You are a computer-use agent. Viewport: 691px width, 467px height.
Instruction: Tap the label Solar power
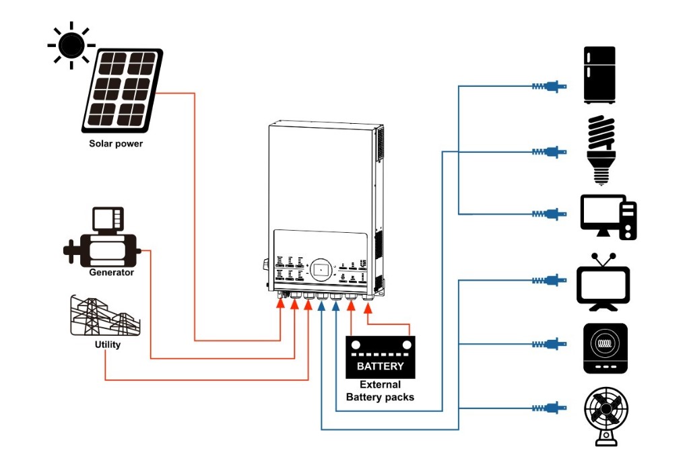(116, 144)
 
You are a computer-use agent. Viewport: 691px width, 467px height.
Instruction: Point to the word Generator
(111, 273)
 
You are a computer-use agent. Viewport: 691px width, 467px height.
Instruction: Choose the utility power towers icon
(105, 316)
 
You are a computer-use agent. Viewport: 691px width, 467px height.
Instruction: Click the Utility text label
(107, 345)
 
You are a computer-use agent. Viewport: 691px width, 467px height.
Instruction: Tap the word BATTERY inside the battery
(380, 366)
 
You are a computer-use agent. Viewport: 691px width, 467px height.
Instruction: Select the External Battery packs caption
(380, 391)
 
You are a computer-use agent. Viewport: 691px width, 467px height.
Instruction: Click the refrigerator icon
(599, 75)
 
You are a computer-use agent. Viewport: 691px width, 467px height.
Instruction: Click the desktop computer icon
(608, 217)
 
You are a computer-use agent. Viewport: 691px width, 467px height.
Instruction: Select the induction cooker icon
(605, 348)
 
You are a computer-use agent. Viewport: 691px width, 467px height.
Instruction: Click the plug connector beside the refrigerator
(549, 86)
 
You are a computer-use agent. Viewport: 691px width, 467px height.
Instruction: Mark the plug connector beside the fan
(549, 408)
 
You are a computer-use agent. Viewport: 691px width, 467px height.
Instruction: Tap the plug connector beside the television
(549, 279)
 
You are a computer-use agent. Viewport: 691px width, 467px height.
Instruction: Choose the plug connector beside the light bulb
(549, 151)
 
